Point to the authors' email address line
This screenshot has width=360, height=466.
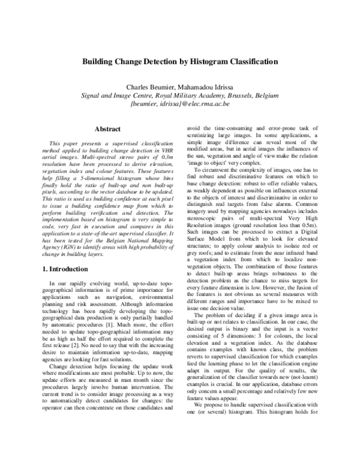coord(179,104)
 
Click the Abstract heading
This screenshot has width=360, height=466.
coord(108,129)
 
